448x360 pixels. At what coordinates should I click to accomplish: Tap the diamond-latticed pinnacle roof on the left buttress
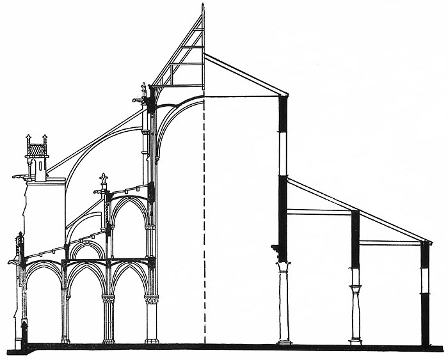click(x=37, y=150)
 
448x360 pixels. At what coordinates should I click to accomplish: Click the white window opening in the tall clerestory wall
click(x=282, y=153)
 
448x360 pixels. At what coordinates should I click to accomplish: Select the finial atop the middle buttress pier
click(x=103, y=178)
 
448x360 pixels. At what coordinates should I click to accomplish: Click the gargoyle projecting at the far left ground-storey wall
click(x=13, y=261)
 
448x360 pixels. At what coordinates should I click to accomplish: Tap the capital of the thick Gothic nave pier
click(x=151, y=299)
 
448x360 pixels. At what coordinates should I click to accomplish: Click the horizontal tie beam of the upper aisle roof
click(x=319, y=212)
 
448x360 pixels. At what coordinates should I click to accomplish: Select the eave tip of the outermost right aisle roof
click(x=430, y=242)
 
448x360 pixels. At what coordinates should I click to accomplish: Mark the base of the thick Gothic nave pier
click(x=152, y=341)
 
